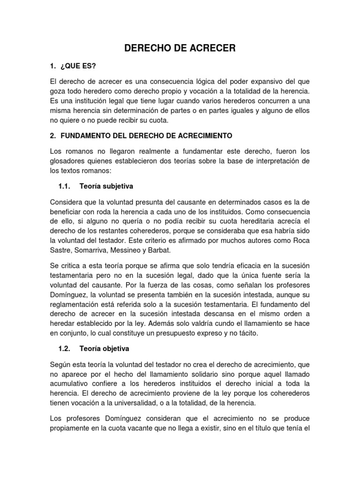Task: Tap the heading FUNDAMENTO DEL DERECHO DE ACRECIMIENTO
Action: (x=146, y=135)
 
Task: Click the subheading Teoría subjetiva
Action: (x=106, y=186)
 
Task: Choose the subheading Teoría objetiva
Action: (x=104, y=349)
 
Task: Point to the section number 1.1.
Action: (x=64, y=186)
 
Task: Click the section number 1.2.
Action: (x=64, y=349)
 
